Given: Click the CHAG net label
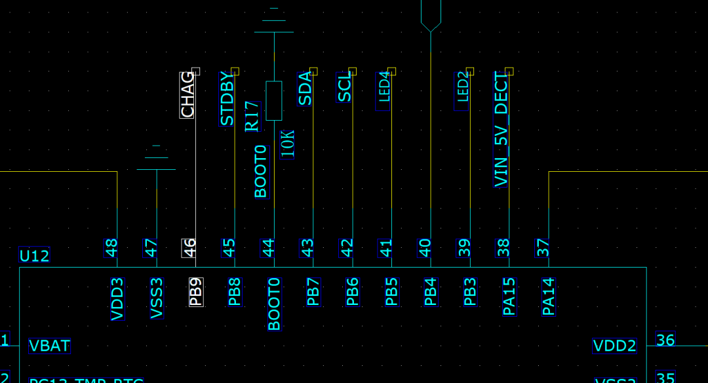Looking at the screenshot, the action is tap(187, 95).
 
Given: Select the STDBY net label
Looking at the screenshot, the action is tap(227, 99).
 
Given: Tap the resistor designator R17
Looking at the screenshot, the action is tap(252, 117).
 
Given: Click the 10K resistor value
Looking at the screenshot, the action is tap(287, 144).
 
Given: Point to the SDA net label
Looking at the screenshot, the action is tap(305, 89).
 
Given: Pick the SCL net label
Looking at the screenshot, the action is tap(345, 88).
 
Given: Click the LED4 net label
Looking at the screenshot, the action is tap(384, 91).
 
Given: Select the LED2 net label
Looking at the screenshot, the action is tap(463, 91).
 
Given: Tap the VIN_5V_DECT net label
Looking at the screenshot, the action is tap(501, 129).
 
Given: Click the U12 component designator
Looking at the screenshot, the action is tap(34, 256).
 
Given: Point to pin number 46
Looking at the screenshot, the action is tap(189, 248).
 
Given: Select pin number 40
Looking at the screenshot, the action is tap(425, 248).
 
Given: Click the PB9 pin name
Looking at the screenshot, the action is tap(196, 292).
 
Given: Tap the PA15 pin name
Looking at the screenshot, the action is tap(509, 296).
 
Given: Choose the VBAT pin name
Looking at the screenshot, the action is tap(50, 346).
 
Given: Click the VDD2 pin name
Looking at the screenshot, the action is tap(614, 346).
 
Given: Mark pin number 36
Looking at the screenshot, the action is tap(665, 340).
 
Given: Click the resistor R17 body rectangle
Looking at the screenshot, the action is tap(274, 101).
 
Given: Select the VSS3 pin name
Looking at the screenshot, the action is tap(157, 298).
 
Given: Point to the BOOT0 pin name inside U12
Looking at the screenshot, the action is tap(274, 304).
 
